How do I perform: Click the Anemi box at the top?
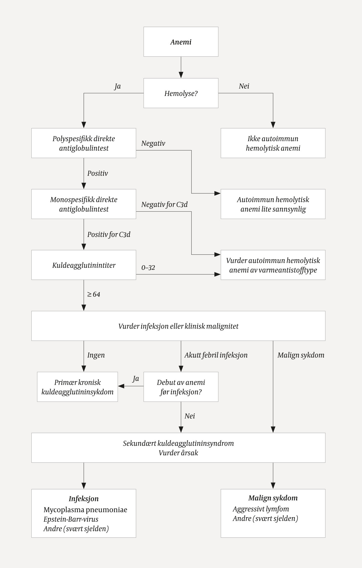[181, 42]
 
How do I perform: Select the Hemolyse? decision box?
[181, 93]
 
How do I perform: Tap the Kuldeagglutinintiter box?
[84, 265]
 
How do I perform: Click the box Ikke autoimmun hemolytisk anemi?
[273, 143]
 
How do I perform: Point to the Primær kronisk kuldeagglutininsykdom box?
[78, 387]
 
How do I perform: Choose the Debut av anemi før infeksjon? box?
[181, 387]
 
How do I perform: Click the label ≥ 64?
[94, 294]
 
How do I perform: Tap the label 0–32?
[148, 268]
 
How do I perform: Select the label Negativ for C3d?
[164, 205]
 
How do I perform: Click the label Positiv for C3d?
[109, 234]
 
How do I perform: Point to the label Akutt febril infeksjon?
[216, 355]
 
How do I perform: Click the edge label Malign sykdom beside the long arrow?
[301, 355]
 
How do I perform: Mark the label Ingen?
[96, 355]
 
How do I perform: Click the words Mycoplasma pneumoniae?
[85, 510]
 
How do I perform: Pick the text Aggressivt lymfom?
[261, 509]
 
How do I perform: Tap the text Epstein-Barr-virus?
[71, 519]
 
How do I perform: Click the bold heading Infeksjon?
[84, 499]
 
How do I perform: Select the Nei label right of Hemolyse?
[244, 86]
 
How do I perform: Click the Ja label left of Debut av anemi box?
[136, 379]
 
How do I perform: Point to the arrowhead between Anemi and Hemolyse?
[181, 75]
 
